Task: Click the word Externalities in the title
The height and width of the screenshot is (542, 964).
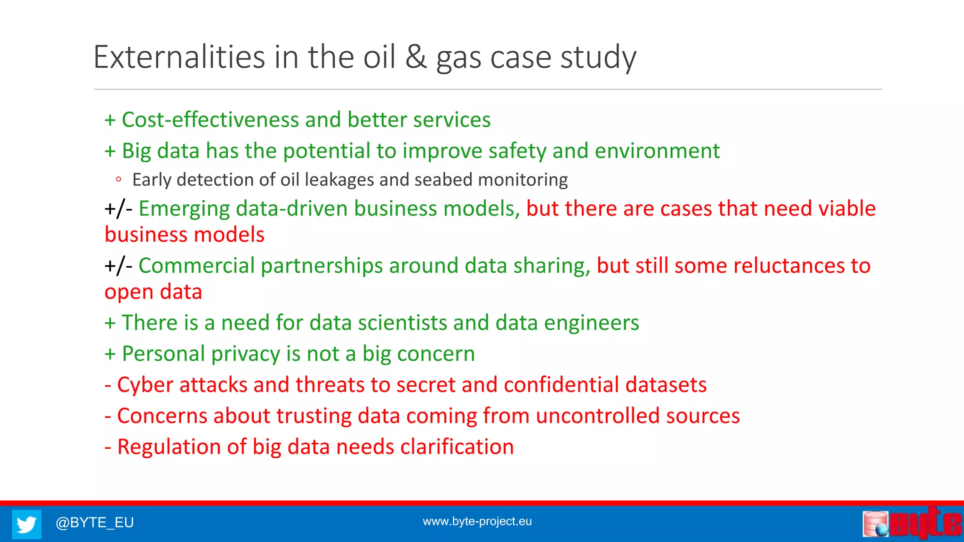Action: (179, 57)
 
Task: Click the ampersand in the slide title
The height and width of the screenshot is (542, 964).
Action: (416, 57)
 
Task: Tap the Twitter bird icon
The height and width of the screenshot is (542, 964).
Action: (26, 524)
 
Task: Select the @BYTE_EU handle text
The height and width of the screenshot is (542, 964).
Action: (95, 523)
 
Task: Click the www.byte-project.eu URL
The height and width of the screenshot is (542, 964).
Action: (477, 521)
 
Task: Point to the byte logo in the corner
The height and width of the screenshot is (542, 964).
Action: (912, 523)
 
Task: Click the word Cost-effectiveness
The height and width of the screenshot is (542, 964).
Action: (210, 120)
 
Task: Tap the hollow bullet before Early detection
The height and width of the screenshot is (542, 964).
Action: (119, 179)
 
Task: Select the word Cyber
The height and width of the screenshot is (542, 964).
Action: (145, 385)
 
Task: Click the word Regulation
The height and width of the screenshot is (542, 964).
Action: (169, 447)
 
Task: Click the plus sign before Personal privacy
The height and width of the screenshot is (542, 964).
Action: (110, 354)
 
